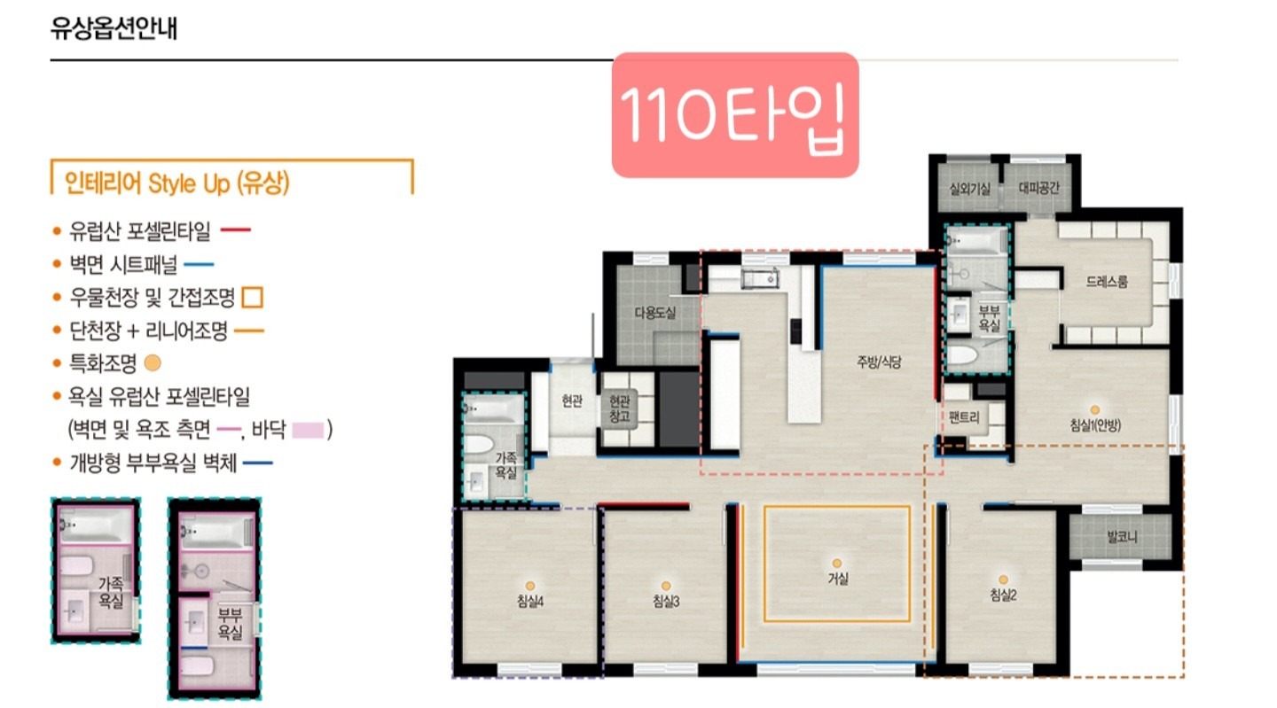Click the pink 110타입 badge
735,115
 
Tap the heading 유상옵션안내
114,27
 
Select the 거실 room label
838,579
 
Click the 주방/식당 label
879,362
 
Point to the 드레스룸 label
1107,281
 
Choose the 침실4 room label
530,601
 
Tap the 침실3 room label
666,601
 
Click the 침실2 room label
1003,595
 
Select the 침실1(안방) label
1095,425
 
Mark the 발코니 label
1121,536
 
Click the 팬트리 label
964,417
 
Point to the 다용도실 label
655,312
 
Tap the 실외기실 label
970,189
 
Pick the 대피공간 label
1038,187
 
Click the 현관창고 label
620,408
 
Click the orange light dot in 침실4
530,586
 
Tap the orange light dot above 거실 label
836,564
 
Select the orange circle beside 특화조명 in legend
153,362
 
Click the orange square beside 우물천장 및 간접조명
253,298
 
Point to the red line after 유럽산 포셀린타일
236,230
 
